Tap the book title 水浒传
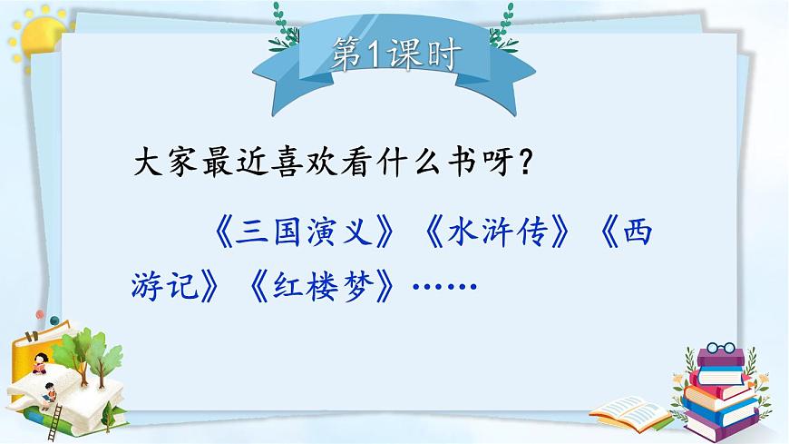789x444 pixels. click(x=495, y=235)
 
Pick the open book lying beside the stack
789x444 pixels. click(x=630, y=411)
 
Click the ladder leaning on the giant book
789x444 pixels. click(x=56, y=412)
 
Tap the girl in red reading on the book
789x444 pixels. click(x=40, y=363)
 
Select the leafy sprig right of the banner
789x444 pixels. click(x=500, y=23)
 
